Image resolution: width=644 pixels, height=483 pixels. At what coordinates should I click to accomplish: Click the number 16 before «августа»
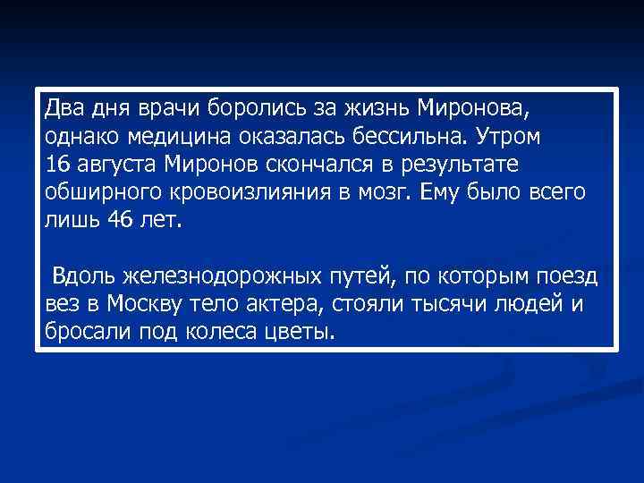(x=55, y=165)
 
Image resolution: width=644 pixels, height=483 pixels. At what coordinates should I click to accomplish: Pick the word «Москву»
(x=144, y=305)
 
